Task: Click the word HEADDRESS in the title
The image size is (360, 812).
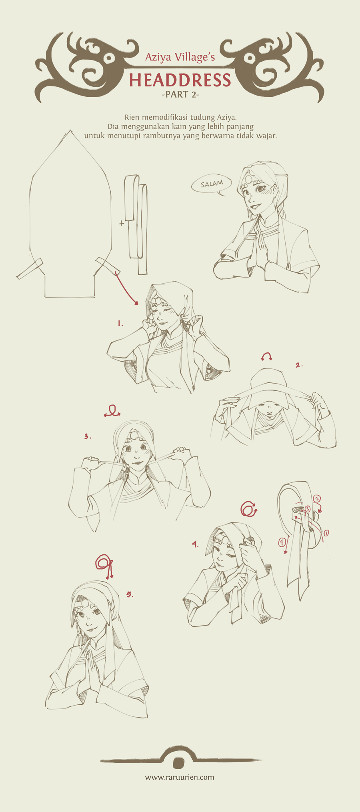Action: pyautogui.click(x=180, y=80)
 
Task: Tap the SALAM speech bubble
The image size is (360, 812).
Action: pyautogui.click(x=212, y=184)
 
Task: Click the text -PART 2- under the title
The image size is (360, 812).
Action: pyautogui.click(x=180, y=95)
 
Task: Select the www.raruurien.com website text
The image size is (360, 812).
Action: pyautogui.click(x=180, y=777)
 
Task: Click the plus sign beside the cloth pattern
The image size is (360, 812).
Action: pyautogui.click(x=122, y=224)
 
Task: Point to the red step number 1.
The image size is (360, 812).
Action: pyautogui.click(x=120, y=323)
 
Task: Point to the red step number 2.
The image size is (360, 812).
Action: pyautogui.click(x=299, y=365)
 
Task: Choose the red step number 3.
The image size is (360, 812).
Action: pyautogui.click(x=88, y=436)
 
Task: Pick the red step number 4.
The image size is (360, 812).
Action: pyautogui.click(x=195, y=544)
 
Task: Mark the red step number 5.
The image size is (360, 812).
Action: pyautogui.click(x=130, y=594)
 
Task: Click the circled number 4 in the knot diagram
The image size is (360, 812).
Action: pyautogui.click(x=282, y=542)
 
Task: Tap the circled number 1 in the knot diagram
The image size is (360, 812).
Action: pyautogui.click(x=326, y=533)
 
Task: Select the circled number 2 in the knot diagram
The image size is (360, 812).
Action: pyautogui.click(x=317, y=498)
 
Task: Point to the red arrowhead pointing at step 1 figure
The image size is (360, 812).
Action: pyautogui.click(x=136, y=304)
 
